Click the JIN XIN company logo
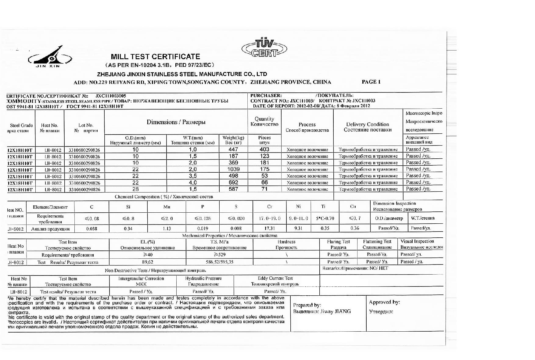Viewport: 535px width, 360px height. click(x=50, y=57)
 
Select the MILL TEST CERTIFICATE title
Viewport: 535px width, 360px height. click(x=155, y=57)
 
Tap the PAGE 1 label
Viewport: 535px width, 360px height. click(x=371, y=82)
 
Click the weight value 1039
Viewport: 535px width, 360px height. click(x=233, y=169)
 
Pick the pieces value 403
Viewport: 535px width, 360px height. click(x=264, y=149)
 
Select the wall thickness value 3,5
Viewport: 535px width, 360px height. click(x=193, y=176)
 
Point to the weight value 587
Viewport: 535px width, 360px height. click(x=233, y=189)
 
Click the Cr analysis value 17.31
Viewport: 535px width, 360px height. click(x=269, y=229)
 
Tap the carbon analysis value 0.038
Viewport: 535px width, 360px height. click(x=92, y=229)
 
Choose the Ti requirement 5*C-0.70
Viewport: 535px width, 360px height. click(x=325, y=218)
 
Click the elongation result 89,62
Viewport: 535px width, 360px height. click(x=148, y=262)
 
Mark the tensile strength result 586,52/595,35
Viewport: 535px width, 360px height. click(x=220, y=262)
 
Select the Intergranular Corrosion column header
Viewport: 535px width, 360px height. click(x=141, y=281)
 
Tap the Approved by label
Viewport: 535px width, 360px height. click(x=384, y=302)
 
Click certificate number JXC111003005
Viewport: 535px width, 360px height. click(x=110, y=96)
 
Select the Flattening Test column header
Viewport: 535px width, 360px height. click(x=377, y=244)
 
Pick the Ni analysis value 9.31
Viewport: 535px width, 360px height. click(x=298, y=229)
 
